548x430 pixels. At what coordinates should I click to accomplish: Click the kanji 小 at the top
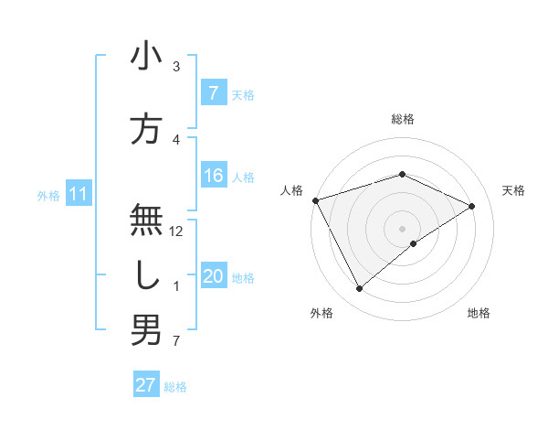tap(146, 58)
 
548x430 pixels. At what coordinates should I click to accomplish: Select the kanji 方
tap(146, 128)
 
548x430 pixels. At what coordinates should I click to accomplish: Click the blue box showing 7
tap(213, 93)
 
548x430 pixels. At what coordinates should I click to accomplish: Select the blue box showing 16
tap(213, 177)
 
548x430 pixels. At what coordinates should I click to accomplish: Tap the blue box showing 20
tap(213, 277)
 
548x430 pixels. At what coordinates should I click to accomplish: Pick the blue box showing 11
tap(79, 194)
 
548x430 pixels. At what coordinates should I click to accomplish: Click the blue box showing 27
tap(146, 385)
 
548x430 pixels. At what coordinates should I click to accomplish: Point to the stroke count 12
tap(177, 231)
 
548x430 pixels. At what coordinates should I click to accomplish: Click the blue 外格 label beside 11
tap(48, 195)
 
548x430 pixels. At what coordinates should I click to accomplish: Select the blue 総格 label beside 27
tap(175, 386)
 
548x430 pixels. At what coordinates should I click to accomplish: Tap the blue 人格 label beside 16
tap(243, 177)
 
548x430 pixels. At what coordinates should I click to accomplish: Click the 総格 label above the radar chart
tap(402, 119)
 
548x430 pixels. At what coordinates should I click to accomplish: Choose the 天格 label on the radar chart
tap(514, 190)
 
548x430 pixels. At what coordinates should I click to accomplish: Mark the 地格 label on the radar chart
tap(479, 313)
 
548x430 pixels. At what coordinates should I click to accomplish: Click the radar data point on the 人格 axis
tap(315, 199)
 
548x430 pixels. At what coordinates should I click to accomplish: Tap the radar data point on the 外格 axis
tap(359, 289)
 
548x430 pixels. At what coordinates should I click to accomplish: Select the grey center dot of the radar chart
tap(402, 227)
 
